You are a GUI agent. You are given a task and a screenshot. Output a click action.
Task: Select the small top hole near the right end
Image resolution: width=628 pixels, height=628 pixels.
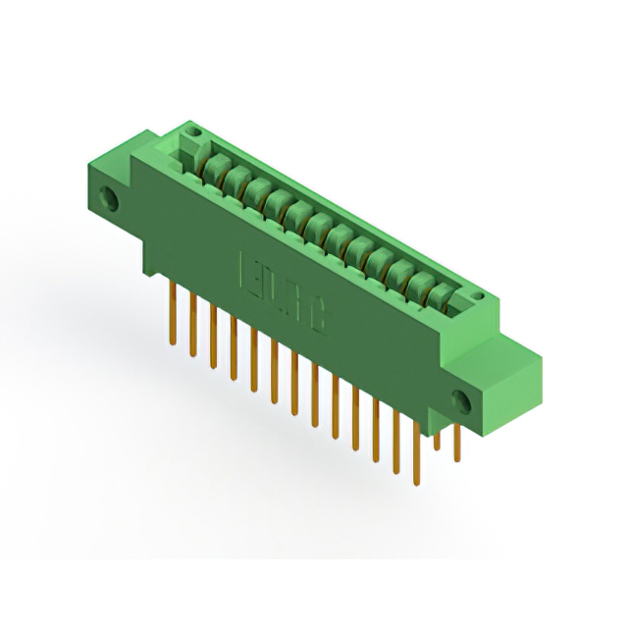[477, 296]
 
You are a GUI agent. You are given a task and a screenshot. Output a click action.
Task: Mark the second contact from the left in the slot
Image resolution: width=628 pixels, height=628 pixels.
[234, 177]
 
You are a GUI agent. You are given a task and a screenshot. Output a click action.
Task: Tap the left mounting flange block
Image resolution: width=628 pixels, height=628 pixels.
[123, 186]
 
